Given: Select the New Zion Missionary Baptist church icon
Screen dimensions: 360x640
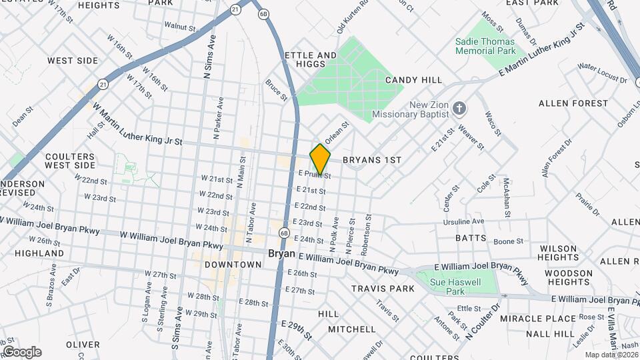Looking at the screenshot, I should click(x=459, y=108).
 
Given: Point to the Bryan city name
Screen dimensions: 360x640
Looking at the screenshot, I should click(x=281, y=254).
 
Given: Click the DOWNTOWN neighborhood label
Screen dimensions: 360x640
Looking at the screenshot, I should click(x=233, y=265).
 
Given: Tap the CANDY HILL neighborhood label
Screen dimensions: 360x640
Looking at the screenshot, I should click(x=413, y=80).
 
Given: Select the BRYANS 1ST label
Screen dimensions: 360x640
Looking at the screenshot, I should click(x=372, y=161).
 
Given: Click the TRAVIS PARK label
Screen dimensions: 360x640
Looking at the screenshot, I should click(x=383, y=289).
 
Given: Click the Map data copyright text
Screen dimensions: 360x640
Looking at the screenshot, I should click(x=611, y=354).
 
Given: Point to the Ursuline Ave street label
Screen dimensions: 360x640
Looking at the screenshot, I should click(x=464, y=221).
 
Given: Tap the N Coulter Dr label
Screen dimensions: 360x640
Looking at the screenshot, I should click(x=483, y=321).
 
